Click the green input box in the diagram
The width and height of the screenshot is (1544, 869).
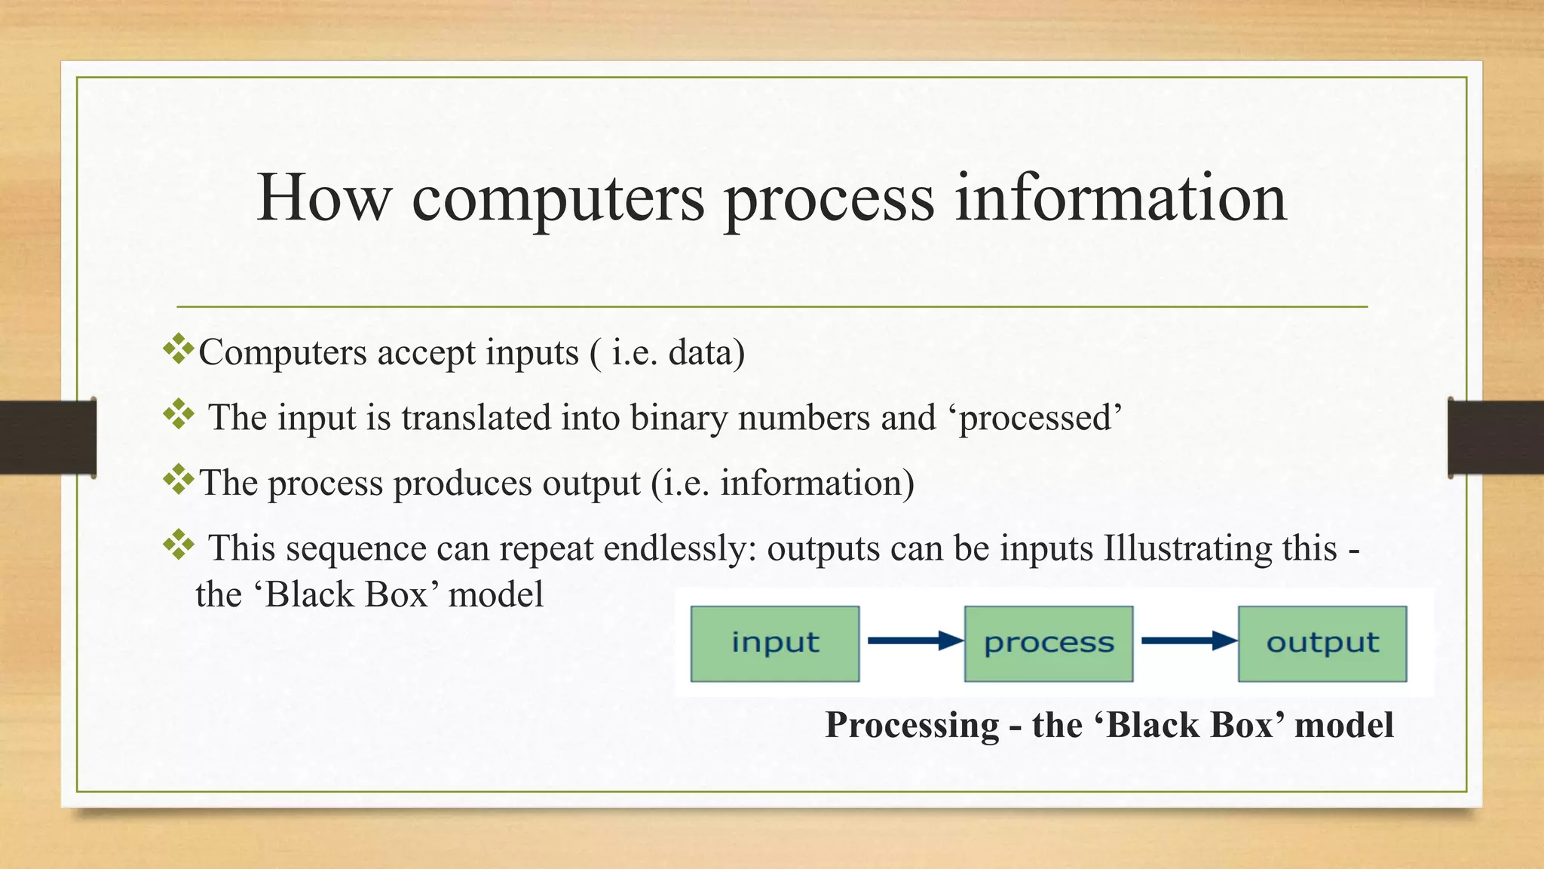775,643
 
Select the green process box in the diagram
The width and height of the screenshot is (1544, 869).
1049,643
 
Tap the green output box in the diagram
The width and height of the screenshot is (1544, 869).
1322,643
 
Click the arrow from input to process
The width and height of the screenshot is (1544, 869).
914,641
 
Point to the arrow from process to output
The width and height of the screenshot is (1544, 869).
1187,641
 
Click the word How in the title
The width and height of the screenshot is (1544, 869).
324,198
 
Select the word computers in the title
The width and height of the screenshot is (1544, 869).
558,199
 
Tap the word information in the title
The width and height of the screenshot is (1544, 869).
1121,198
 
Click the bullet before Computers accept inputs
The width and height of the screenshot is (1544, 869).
179,349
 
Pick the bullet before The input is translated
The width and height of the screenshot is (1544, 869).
179,414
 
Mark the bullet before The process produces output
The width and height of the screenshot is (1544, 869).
179,479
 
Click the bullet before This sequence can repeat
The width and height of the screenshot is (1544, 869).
179,545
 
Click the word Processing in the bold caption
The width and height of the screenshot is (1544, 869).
912,726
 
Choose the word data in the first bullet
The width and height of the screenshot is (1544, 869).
701,353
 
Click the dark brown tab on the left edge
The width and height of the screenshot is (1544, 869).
47,438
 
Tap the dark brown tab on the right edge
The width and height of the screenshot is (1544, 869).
1496,438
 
